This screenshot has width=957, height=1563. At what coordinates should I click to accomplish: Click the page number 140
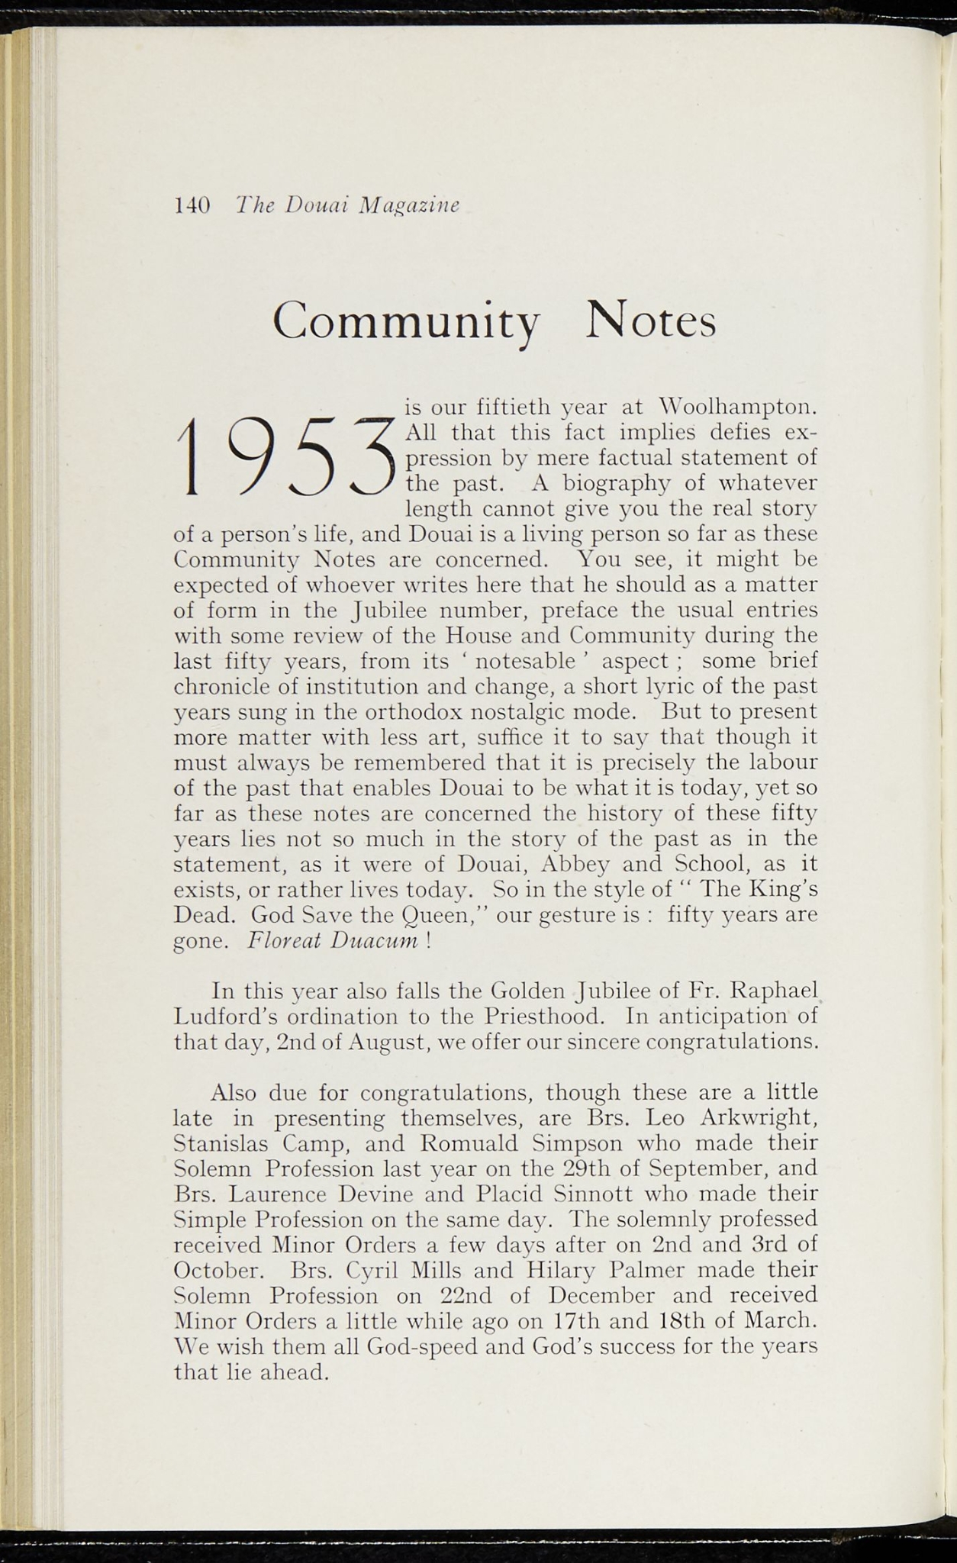click(x=192, y=205)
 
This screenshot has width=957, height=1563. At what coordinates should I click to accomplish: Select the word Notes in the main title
click(x=651, y=321)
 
